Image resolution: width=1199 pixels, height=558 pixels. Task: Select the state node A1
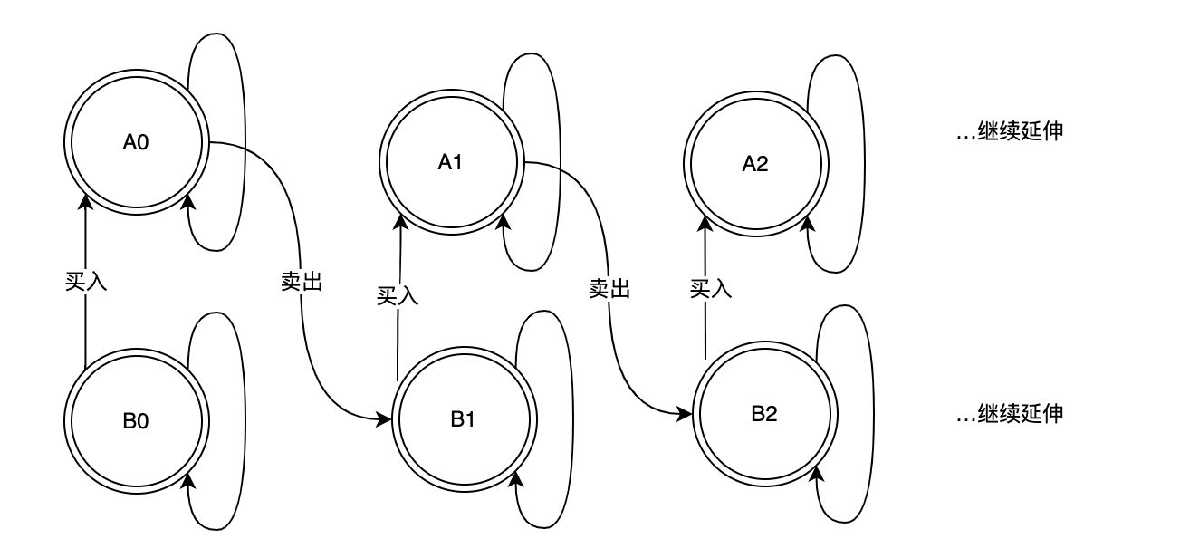450,162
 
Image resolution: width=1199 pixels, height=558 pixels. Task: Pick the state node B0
136,420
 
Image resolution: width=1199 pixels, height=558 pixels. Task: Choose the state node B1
462,419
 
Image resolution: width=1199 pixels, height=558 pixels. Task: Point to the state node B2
764,414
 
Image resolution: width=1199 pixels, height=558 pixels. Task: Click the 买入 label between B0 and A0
86,281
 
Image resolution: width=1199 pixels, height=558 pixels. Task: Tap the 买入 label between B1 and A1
398,294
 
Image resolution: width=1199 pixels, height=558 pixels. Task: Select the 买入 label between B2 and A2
711,288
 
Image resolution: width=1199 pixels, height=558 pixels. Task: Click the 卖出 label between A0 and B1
302,281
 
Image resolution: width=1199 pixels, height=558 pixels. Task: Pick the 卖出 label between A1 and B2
609,288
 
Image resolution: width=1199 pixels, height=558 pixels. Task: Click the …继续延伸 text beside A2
1010,132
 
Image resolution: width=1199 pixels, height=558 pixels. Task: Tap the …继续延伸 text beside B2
1010,414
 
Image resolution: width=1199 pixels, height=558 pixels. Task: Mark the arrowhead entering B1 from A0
385,419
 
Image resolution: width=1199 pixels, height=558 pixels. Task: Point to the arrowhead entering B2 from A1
688,414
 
